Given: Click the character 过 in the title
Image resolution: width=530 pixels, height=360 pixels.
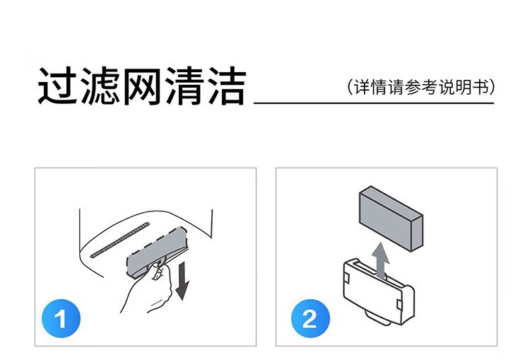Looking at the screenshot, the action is click(x=57, y=86).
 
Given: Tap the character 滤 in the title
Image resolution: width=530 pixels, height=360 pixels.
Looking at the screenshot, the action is click(x=100, y=86).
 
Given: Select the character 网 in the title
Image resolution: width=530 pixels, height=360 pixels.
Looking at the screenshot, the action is click(x=142, y=86).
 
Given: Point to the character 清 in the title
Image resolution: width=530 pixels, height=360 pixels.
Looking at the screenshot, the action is click(x=184, y=86).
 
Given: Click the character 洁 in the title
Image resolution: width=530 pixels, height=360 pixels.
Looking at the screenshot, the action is click(x=227, y=86).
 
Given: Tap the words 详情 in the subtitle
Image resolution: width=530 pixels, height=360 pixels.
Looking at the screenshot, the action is click(x=370, y=87).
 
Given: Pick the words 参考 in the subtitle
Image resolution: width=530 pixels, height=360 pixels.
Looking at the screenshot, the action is click(x=421, y=87).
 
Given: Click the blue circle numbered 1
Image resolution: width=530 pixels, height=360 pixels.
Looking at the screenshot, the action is click(x=61, y=318).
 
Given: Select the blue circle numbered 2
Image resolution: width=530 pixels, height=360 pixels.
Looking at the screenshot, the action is click(x=311, y=318).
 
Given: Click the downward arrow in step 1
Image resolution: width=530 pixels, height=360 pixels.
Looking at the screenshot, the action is click(x=182, y=280).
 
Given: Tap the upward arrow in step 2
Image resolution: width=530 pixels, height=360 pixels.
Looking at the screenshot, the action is click(x=381, y=260).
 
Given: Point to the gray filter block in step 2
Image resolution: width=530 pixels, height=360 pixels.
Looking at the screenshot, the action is click(x=391, y=219).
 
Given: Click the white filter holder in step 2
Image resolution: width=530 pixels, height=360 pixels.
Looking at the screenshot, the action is click(x=379, y=291).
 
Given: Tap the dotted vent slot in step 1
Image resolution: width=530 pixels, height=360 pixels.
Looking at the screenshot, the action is click(x=119, y=240).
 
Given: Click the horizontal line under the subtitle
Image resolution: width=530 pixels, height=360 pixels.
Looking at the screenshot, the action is click(x=374, y=103).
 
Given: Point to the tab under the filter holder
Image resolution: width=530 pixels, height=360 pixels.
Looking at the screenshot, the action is click(x=378, y=319).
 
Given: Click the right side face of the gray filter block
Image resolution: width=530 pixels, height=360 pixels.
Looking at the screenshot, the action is click(x=416, y=233).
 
